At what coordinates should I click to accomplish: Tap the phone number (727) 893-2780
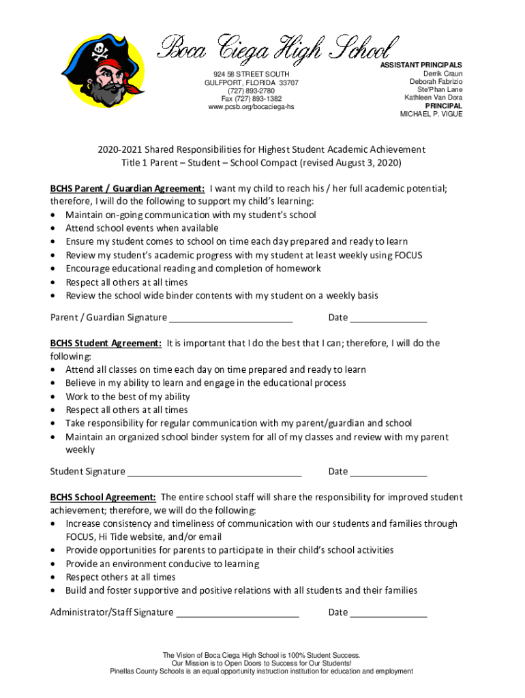pos(252,91)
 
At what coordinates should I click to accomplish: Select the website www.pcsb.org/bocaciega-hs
pos(252,107)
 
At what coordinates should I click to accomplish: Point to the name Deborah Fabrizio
pos(436,82)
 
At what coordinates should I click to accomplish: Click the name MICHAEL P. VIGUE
pos(431,114)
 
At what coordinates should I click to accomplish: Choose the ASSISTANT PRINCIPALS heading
pos(421,65)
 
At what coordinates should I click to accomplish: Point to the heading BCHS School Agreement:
pos(104,497)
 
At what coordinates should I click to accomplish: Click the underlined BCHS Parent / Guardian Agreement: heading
pos(127,188)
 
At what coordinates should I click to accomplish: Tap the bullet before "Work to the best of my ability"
pos(54,397)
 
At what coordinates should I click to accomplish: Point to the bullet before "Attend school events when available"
pos(54,228)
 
